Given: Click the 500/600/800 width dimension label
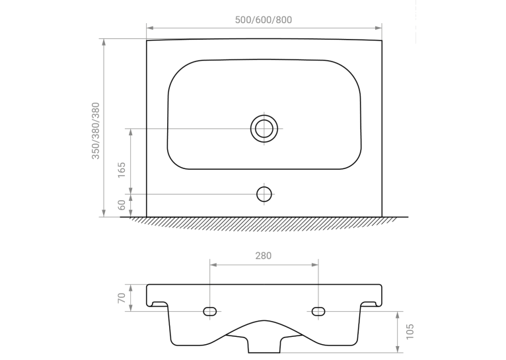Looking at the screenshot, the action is click(264, 20).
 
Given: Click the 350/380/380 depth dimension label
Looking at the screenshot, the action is click(96, 131).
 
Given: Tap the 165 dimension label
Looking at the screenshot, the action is click(122, 170).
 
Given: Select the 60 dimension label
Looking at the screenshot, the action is click(122, 205).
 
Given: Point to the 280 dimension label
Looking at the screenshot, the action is click(264, 256).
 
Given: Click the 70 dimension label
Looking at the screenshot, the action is click(122, 298).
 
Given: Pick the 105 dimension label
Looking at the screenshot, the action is click(410, 332).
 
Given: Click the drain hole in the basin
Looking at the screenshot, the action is click(264, 128).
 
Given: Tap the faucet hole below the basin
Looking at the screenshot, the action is click(264, 194).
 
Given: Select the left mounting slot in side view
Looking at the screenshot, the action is click(210, 311).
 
